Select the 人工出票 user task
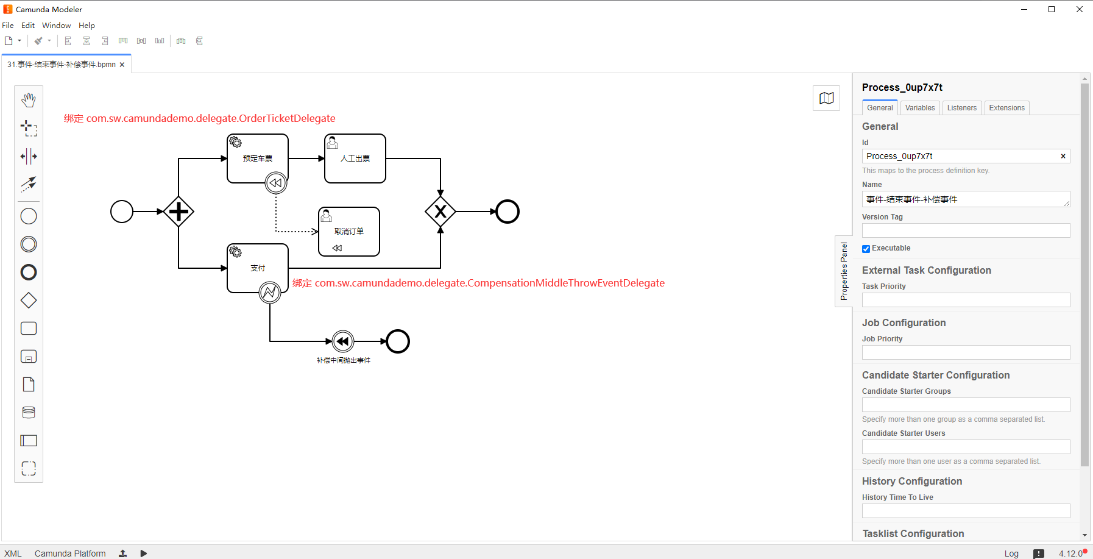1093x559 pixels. click(x=355, y=158)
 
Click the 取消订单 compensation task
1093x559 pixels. click(x=349, y=232)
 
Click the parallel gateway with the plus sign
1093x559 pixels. click(x=179, y=212)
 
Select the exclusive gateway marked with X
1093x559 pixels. click(x=440, y=212)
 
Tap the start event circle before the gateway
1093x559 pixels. click(x=122, y=212)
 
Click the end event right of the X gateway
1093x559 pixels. click(x=508, y=212)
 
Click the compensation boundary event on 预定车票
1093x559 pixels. click(x=276, y=183)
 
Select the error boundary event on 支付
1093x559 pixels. click(x=270, y=293)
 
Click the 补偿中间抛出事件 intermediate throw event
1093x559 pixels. click(x=343, y=341)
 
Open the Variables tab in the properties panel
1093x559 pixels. click(x=920, y=108)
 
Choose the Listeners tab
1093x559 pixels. click(x=962, y=108)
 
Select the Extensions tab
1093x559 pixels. click(x=1006, y=108)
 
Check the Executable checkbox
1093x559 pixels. click(x=866, y=249)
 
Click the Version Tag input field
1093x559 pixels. click(x=966, y=230)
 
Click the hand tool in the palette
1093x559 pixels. click(x=29, y=100)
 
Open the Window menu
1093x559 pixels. click(x=57, y=26)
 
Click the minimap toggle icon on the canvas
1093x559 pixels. click(x=827, y=98)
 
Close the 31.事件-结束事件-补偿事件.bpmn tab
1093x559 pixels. click(x=122, y=65)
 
